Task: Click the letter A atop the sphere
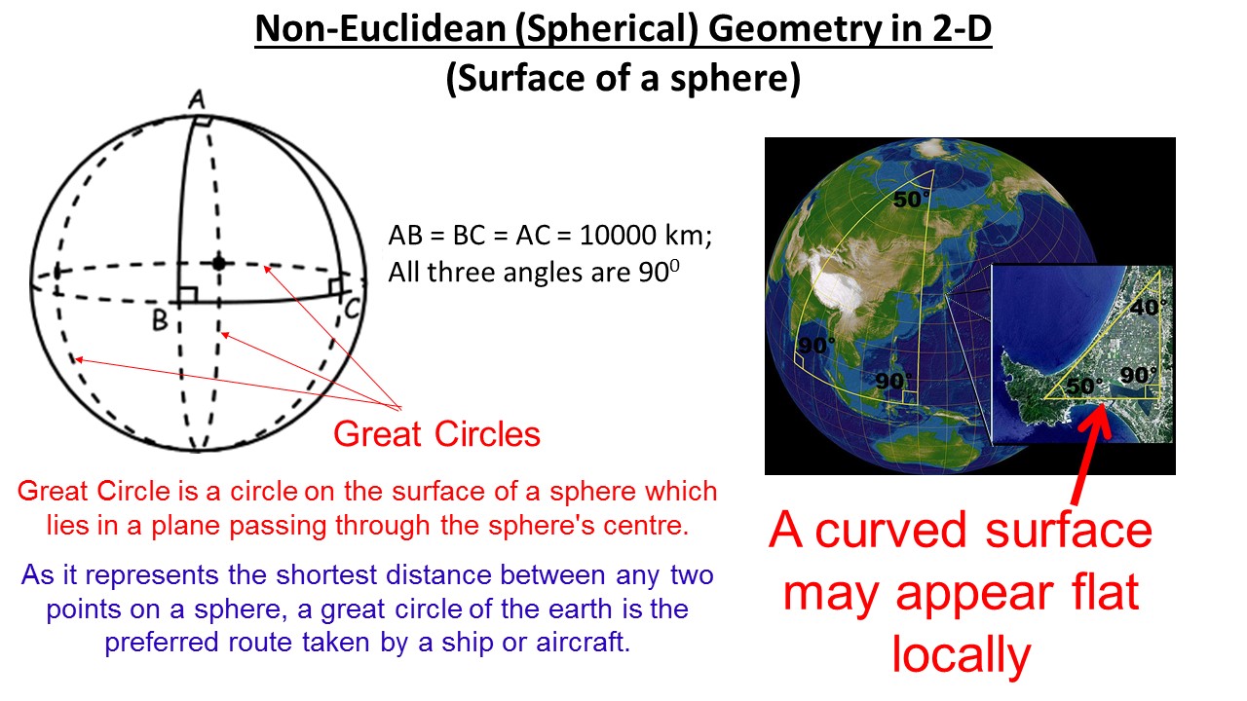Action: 197,99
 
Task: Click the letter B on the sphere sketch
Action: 161,320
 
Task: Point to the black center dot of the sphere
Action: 219,263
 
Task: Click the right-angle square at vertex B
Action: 188,295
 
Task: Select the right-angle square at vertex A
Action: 204,121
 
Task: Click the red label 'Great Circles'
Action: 437,434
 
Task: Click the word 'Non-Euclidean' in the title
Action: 380,29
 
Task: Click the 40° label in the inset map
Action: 1148,307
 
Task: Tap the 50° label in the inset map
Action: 1084,387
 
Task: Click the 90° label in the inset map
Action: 1139,375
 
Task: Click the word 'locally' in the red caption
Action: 962,655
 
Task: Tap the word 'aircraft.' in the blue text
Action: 583,642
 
